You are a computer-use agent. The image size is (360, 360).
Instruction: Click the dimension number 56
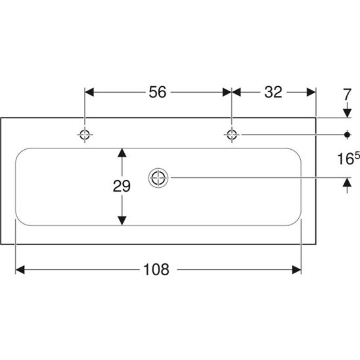click(158, 92)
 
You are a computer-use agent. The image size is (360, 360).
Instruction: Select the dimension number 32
click(273, 92)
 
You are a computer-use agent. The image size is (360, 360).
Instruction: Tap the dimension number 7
click(348, 95)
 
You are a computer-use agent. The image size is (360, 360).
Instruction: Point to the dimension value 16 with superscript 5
click(348, 158)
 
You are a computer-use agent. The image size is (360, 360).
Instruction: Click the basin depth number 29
click(122, 186)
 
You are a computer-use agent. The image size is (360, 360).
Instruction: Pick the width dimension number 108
click(156, 269)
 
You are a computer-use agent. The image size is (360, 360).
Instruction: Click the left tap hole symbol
click(85, 135)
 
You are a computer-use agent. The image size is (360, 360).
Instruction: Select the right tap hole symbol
click(232, 135)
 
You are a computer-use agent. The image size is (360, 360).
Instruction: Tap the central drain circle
click(158, 178)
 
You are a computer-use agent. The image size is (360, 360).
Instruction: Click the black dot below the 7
click(347, 135)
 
